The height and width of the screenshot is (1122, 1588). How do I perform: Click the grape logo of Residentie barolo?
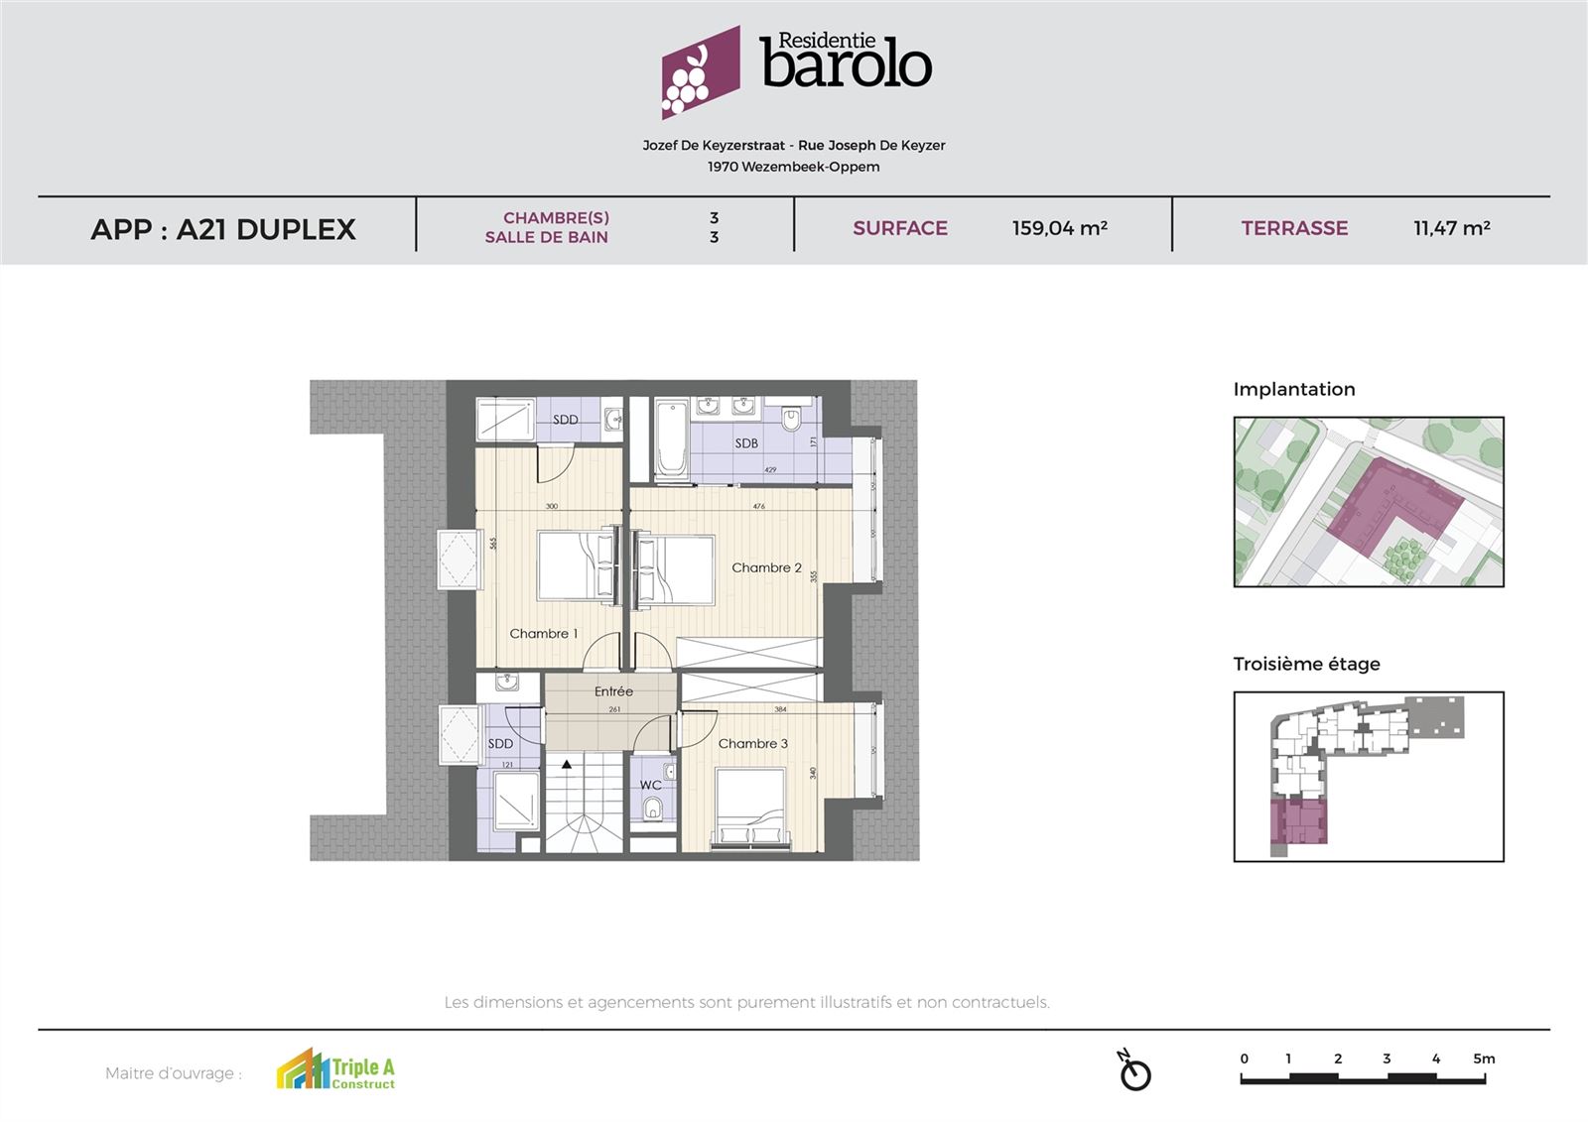[x=700, y=72]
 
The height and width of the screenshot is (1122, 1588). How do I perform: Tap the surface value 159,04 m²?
[x=1059, y=228]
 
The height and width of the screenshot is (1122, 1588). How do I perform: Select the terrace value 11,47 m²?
[x=1451, y=228]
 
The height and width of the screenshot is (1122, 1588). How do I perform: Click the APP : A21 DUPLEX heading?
[x=223, y=229]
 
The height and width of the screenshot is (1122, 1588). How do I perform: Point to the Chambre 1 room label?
[x=543, y=633]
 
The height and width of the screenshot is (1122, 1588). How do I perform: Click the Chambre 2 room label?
[x=766, y=567]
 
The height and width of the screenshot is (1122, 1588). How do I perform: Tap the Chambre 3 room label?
[x=752, y=743]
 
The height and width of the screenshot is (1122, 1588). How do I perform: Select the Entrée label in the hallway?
[x=613, y=691]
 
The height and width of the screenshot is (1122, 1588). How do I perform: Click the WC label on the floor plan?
[x=650, y=785]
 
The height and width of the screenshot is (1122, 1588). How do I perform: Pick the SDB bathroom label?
[x=746, y=443]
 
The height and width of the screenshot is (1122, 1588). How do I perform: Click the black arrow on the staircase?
[x=567, y=765]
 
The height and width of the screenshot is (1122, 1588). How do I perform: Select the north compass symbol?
[x=1134, y=1071]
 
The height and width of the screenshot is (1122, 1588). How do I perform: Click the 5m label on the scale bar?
[x=1483, y=1059]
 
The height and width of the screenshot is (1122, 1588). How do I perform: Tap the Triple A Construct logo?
[x=335, y=1070]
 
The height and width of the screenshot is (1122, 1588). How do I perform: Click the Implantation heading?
[x=1293, y=389]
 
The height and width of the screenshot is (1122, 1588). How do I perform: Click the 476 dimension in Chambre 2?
[x=758, y=507]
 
